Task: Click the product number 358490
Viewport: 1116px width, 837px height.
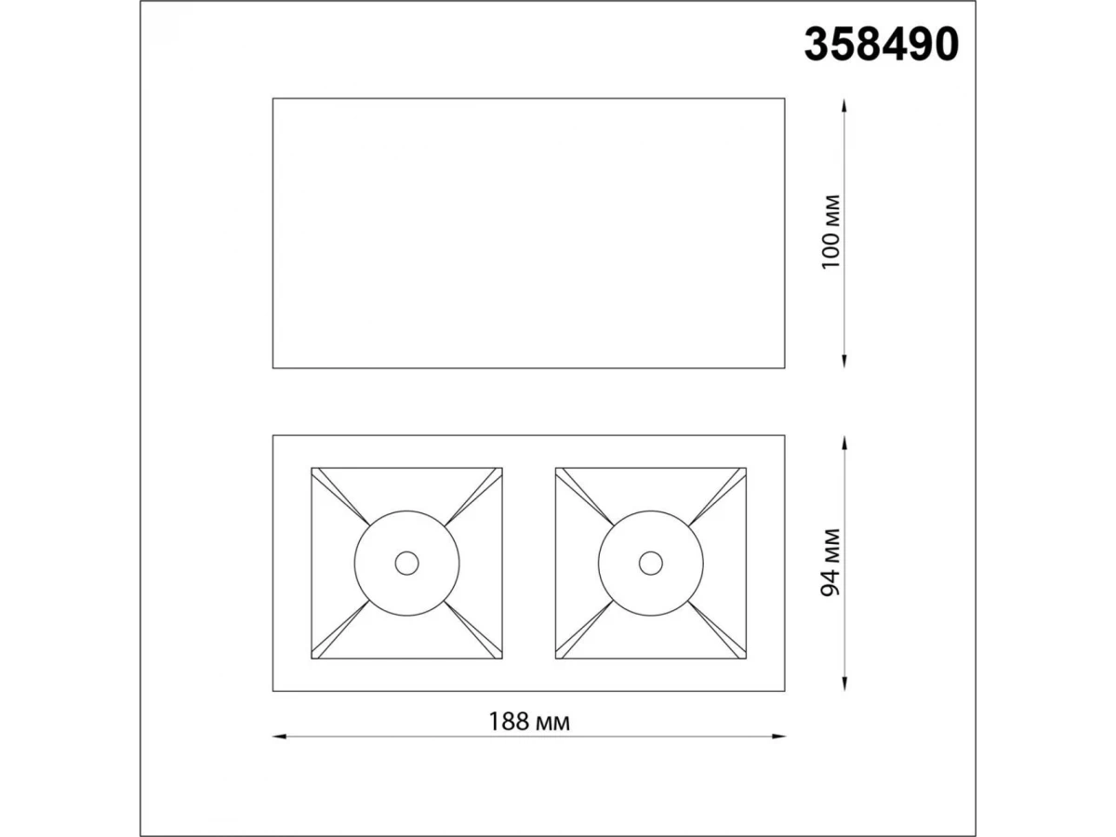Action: [881, 45]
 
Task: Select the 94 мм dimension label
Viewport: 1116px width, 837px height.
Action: [831, 563]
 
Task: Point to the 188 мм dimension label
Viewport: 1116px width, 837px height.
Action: [529, 722]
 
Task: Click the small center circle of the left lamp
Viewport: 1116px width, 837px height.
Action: [406, 563]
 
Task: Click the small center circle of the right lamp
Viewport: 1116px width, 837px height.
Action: [651, 563]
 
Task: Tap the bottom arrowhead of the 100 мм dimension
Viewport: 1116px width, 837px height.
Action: [844, 361]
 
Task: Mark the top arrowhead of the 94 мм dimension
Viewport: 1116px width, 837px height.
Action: [844, 443]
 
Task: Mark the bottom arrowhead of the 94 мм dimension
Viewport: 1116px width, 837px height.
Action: [844, 684]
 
